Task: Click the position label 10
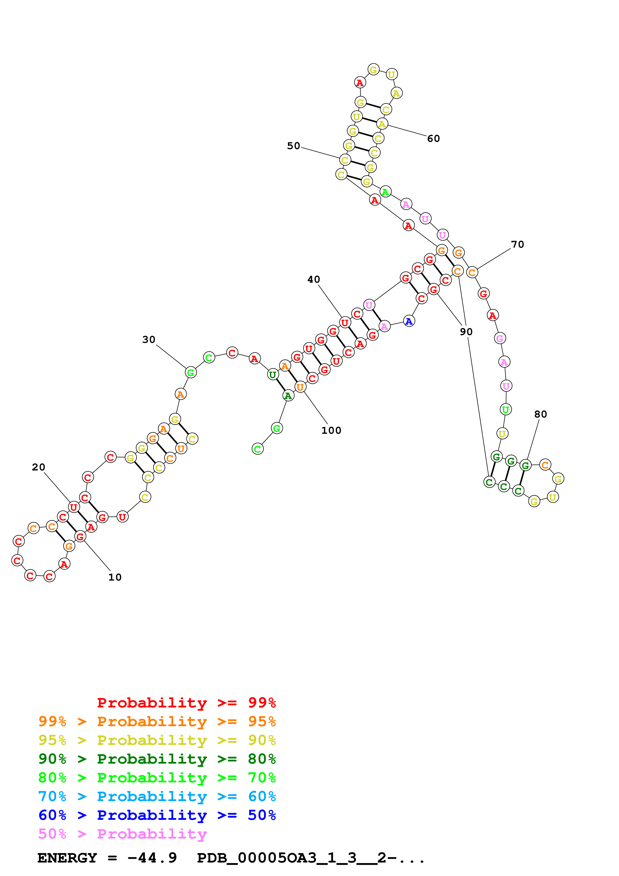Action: click(x=115, y=577)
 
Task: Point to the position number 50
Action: click(x=293, y=146)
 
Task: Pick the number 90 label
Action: click(x=466, y=332)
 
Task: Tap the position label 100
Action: click(x=331, y=430)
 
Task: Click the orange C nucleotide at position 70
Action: click(x=472, y=272)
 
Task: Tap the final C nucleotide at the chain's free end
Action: click(x=258, y=449)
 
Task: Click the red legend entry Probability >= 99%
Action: click(x=186, y=702)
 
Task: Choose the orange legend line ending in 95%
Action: click(x=157, y=721)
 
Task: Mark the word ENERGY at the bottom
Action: click(x=67, y=858)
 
